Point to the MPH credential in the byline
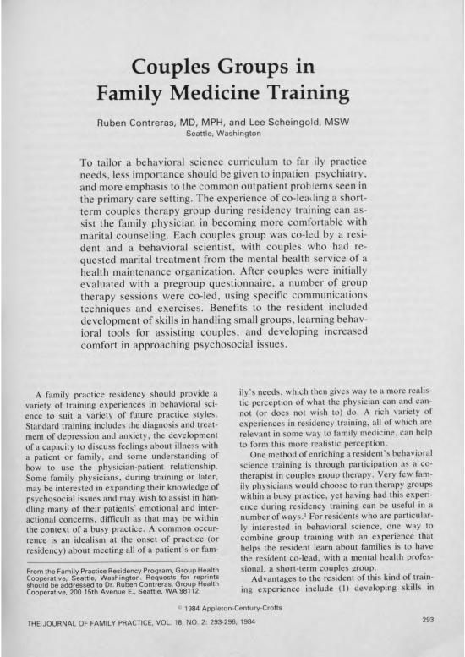222,120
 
